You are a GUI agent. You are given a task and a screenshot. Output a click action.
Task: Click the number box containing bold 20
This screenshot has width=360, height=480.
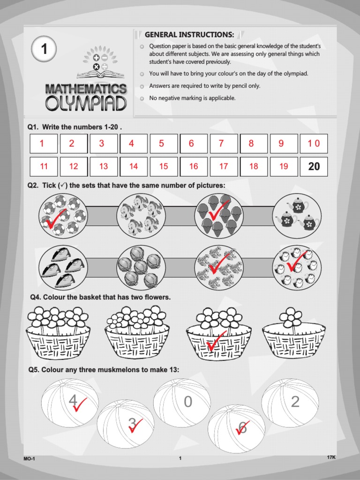(314, 166)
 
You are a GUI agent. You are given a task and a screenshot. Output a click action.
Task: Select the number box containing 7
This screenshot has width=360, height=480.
(221, 144)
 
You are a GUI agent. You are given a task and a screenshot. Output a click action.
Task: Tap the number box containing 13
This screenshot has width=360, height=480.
(104, 166)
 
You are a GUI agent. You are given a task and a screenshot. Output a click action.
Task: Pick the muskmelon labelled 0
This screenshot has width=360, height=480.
(182, 403)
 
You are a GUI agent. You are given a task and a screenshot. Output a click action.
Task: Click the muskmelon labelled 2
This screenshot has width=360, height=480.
(290, 403)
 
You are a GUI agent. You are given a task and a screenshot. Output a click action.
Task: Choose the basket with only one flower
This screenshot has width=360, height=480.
(293, 333)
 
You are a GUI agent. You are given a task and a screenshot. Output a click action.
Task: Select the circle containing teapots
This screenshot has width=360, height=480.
(297, 216)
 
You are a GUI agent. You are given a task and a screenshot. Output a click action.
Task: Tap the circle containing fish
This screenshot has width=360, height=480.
(141, 216)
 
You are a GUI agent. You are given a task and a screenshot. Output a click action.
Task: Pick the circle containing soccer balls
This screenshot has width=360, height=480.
(63, 216)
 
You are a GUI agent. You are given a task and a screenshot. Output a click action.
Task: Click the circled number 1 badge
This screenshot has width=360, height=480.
(44, 50)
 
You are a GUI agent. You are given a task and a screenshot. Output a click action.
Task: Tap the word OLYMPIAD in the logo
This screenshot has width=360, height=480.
(86, 103)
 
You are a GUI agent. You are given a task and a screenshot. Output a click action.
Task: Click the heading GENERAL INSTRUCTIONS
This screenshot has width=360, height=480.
(189, 35)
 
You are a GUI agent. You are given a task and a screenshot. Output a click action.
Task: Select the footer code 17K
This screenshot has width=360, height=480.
(331, 457)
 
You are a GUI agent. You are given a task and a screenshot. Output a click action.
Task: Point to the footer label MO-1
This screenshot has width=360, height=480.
(29, 459)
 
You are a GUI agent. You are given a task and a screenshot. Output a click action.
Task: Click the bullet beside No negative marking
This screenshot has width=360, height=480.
(142, 98)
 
